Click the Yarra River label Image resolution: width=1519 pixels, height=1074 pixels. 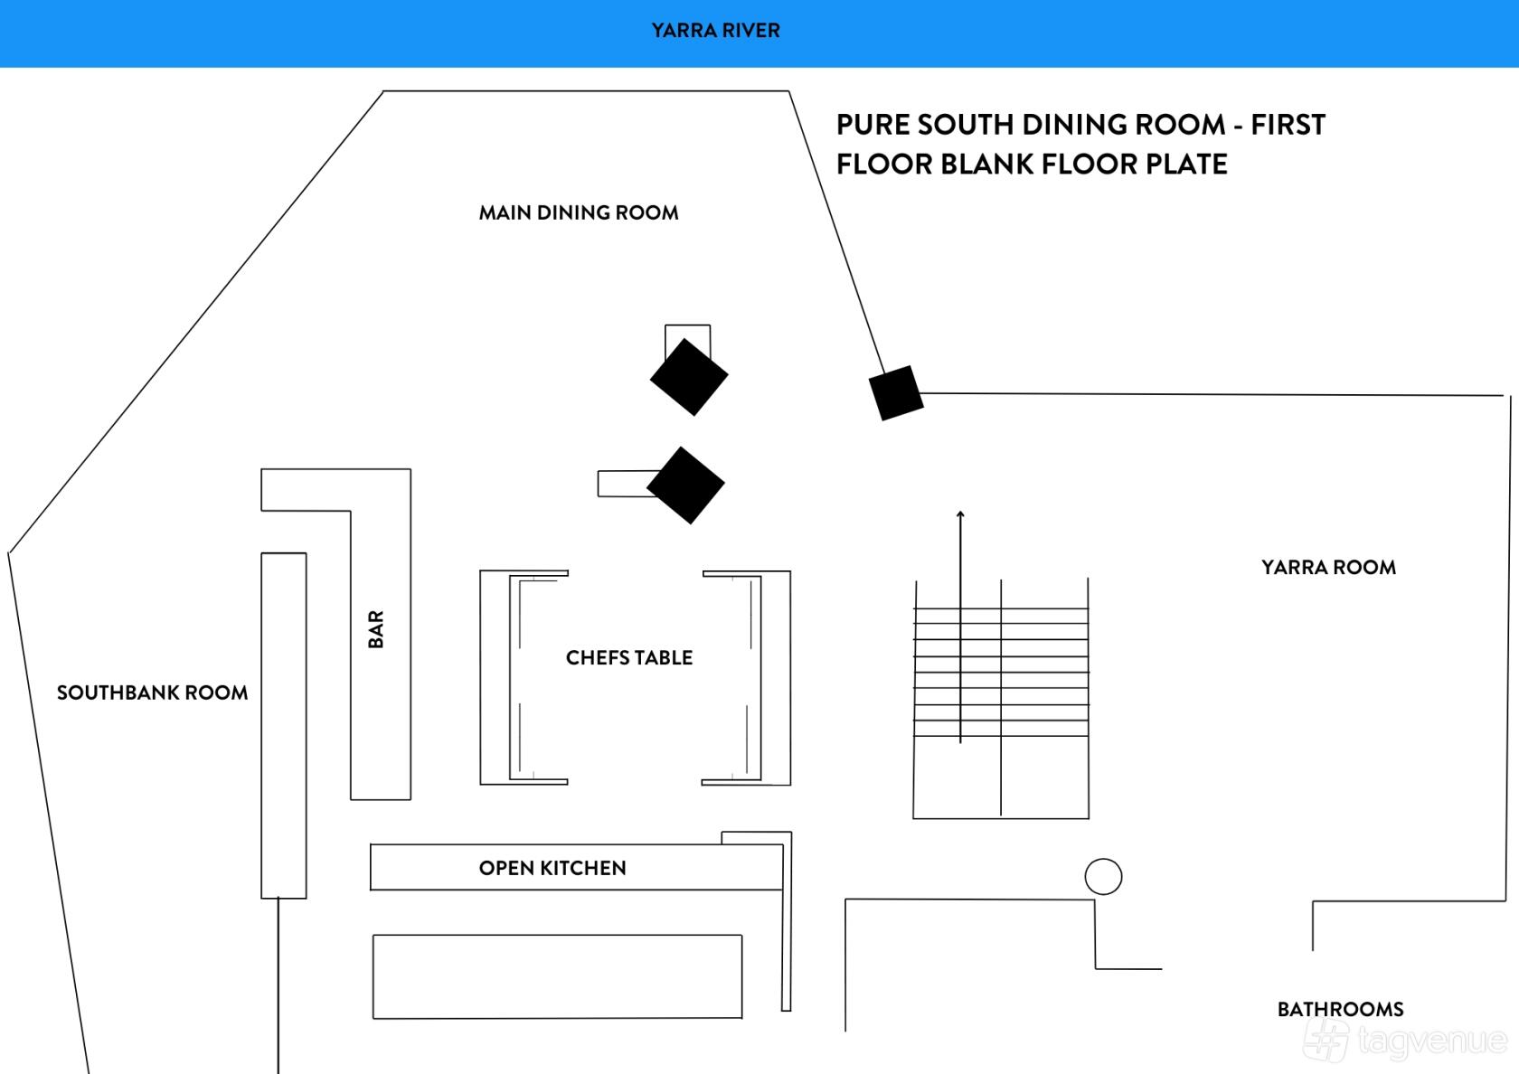coord(715,31)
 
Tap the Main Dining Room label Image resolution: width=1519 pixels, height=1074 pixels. coord(579,213)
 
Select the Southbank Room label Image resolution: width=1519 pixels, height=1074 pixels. coord(153,692)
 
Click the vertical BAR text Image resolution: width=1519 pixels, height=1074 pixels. coord(376,629)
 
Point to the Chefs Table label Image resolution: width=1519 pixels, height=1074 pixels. coord(629,658)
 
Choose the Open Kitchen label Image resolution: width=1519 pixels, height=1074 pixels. coord(552,868)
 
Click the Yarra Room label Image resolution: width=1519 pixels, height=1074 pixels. coord(1328,568)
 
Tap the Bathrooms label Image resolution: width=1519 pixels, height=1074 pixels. coord(1341,1010)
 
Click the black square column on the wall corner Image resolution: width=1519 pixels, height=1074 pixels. coord(896,393)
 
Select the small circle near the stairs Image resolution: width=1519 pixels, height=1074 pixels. coord(1103,877)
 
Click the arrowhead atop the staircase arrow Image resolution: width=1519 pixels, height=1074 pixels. coord(960,513)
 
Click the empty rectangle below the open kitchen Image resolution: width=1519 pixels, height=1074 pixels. coord(557,976)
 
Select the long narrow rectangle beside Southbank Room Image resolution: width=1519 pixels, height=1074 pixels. coord(284,725)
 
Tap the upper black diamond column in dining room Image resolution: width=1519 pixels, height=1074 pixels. coord(689,377)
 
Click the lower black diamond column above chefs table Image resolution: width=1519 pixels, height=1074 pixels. coord(685,485)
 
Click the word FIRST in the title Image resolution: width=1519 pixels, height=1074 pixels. coord(1288,125)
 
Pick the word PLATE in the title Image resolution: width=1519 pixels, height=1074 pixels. coord(1186,165)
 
